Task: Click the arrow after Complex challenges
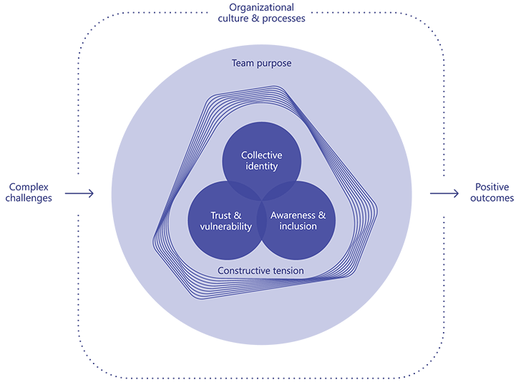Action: pyautogui.click(x=79, y=193)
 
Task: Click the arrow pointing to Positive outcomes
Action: pyautogui.click(x=444, y=193)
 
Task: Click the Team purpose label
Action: pyautogui.click(x=261, y=63)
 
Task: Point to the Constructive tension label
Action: pyautogui.click(x=260, y=271)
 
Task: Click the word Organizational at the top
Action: pyautogui.click(x=261, y=7)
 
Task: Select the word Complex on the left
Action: pyautogui.click(x=29, y=187)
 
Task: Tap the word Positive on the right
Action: pyautogui.click(x=492, y=187)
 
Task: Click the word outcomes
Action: pyautogui.click(x=492, y=198)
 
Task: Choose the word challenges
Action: pyautogui.click(x=29, y=198)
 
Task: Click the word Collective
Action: pyautogui.click(x=261, y=155)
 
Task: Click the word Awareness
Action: pyautogui.click(x=293, y=215)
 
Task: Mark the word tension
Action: pyautogui.click(x=286, y=271)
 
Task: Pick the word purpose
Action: pyautogui.click(x=275, y=63)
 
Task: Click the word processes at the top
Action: pyautogui.click(x=284, y=18)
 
